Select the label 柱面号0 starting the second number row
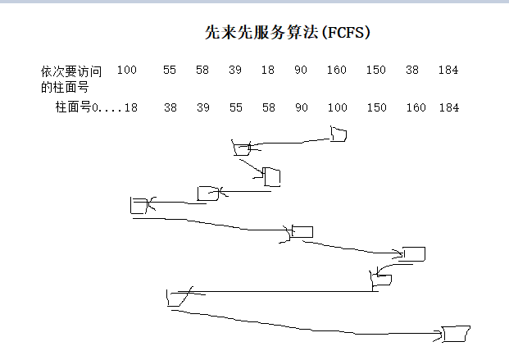click(x=77, y=107)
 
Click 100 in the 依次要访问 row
click(x=126, y=71)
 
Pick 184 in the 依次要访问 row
click(x=448, y=71)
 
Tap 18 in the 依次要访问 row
click(x=268, y=71)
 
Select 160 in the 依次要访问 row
click(x=336, y=71)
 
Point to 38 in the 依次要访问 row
click(x=411, y=71)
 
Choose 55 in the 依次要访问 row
click(x=170, y=71)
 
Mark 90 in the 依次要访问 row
click(x=301, y=71)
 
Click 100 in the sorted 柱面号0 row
click(x=337, y=107)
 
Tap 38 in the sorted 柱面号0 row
click(x=170, y=107)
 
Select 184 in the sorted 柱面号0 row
click(x=449, y=107)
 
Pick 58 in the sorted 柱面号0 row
click(x=268, y=107)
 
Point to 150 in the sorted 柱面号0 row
click(x=376, y=107)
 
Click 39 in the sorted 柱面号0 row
click(x=202, y=107)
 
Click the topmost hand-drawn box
click(x=338, y=134)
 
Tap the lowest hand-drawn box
click(x=454, y=334)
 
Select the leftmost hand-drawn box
click(x=140, y=205)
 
